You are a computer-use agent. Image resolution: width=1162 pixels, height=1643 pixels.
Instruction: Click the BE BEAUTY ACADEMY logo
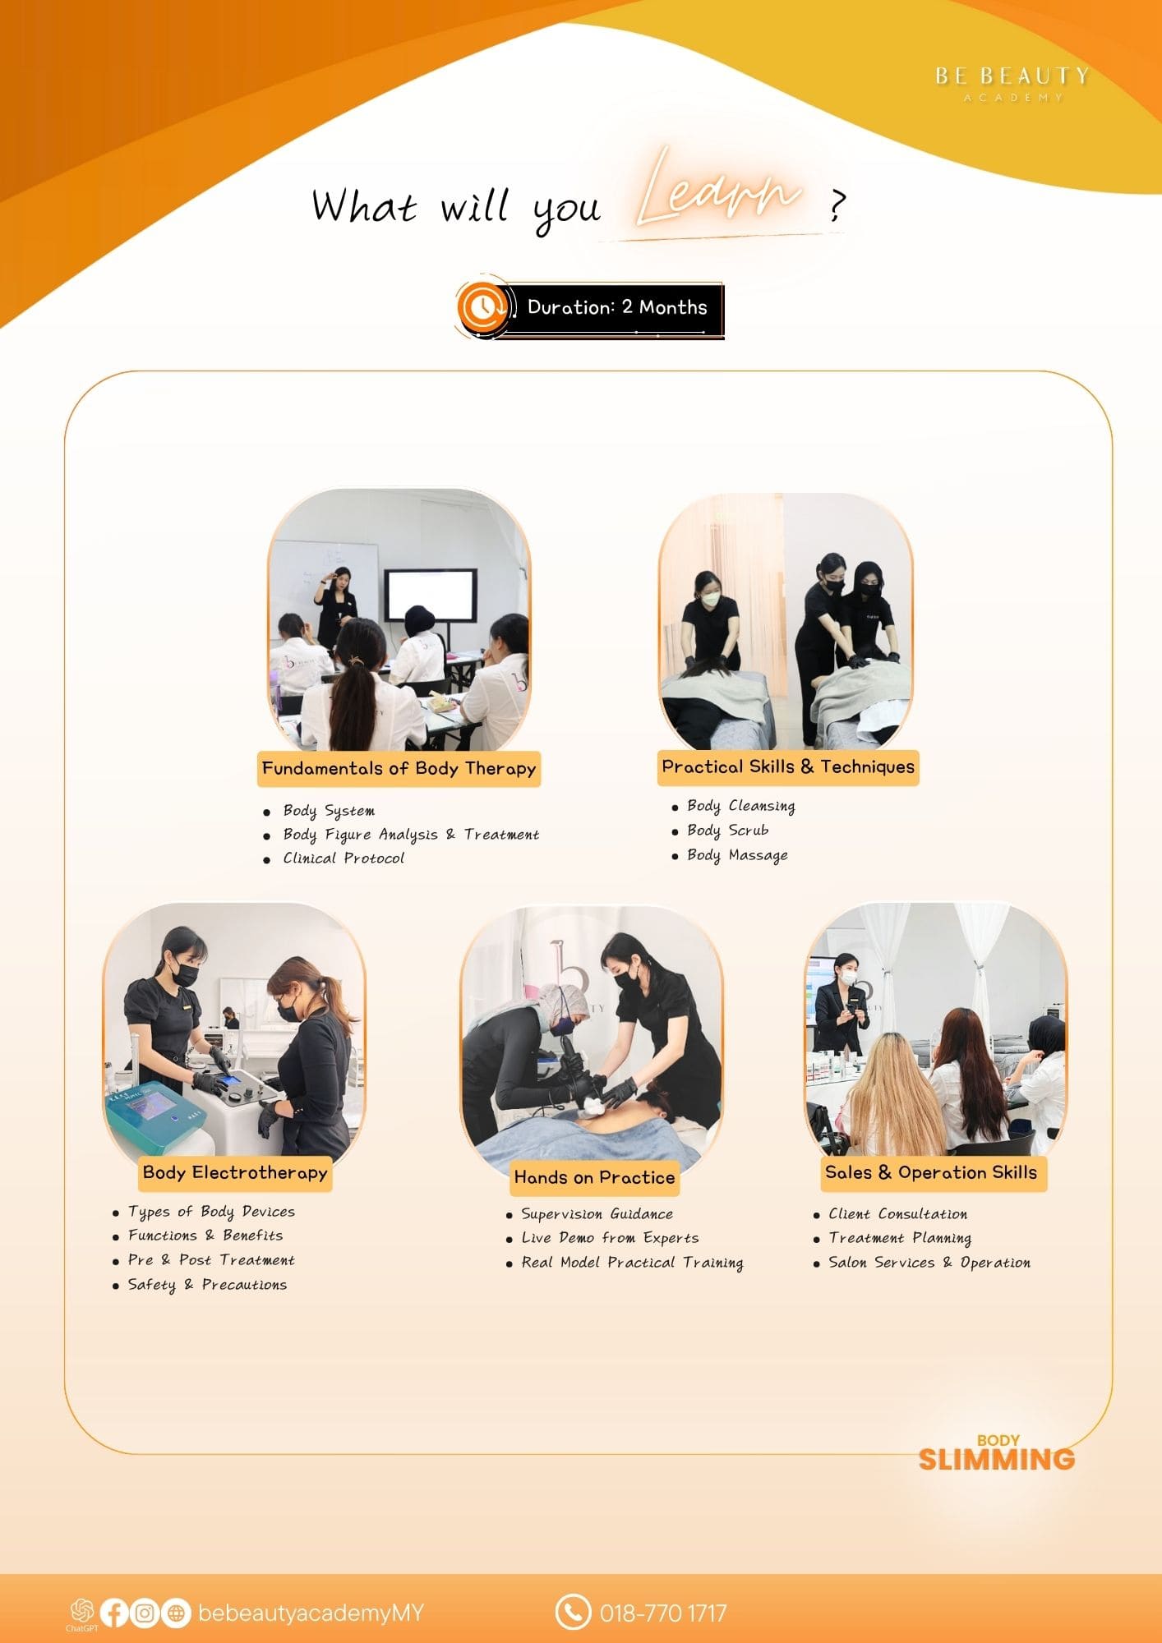tap(1012, 84)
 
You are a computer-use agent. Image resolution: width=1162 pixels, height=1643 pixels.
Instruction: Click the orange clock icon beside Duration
tap(482, 307)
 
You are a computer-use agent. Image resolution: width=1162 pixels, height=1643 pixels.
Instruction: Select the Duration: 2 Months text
tap(617, 307)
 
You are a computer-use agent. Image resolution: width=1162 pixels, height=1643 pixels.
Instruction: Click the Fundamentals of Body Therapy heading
tap(399, 769)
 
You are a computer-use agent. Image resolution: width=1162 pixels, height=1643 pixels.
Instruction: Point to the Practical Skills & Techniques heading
tap(788, 766)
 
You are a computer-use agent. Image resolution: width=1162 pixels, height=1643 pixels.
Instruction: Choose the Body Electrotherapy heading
tap(235, 1173)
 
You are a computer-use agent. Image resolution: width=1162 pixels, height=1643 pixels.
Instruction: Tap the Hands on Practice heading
tap(594, 1177)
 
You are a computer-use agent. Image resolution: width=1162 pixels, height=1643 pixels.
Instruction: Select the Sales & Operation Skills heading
tap(931, 1172)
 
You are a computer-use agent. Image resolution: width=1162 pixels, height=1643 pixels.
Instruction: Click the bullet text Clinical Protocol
tap(344, 858)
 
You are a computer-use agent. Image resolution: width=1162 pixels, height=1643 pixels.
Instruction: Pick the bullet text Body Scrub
tap(728, 831)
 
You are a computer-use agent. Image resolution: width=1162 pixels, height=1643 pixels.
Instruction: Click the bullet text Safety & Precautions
tap(207, 1285)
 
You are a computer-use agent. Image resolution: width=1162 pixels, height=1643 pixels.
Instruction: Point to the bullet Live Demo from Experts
tap(610, 1238)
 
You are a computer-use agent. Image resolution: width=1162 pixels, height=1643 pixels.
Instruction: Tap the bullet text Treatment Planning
tap(900, 1238)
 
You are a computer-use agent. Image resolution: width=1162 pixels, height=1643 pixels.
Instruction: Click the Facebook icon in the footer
tap(114, 1613)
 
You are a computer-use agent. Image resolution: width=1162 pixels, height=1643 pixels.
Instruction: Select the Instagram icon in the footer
tap(145, 1613)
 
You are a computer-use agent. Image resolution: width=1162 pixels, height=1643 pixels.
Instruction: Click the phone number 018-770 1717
tap(663, 1613)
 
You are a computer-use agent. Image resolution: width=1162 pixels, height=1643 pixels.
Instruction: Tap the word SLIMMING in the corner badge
tap(996, 1460)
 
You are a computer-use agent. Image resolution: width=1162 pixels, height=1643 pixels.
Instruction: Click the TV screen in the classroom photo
tap(431, 596)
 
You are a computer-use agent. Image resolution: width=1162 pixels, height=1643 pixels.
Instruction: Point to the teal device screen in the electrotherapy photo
tap(150, 1107)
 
